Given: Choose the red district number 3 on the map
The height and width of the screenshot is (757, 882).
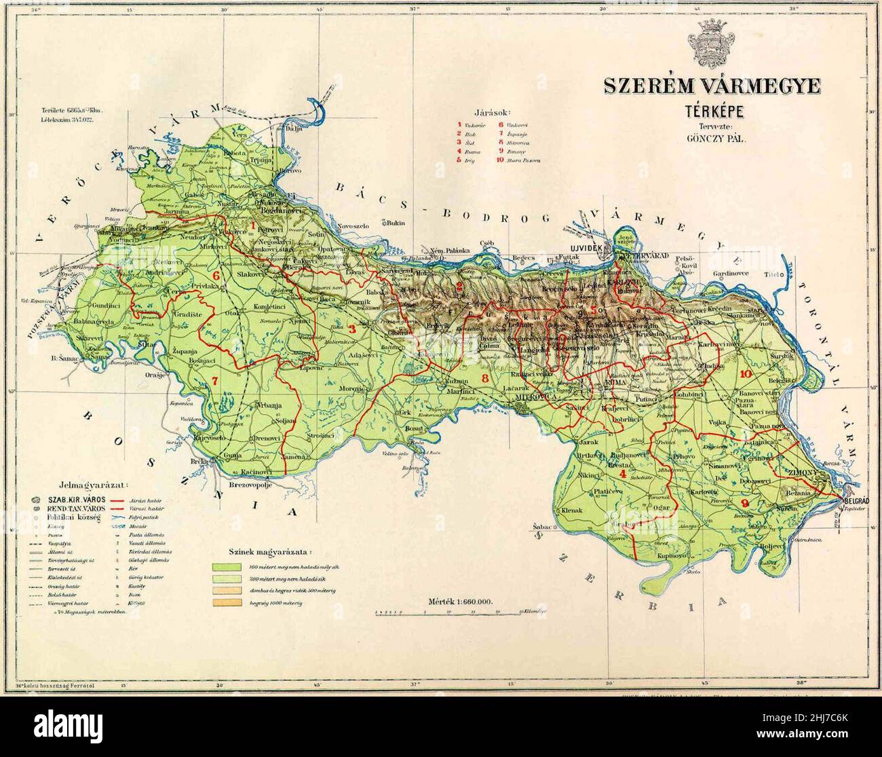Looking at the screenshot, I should tap(352, 329).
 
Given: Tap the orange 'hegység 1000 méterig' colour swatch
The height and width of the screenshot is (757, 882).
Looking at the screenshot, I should tap(228, 602).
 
